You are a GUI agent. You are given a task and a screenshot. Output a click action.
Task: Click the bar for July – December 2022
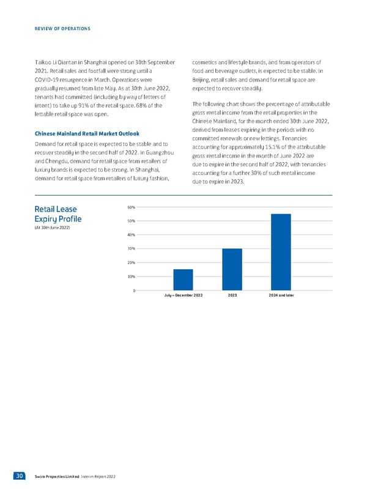coord(183,280)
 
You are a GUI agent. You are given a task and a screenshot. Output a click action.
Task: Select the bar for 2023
coord(232,269)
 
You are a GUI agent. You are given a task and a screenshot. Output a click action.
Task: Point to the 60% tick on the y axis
coord(132,207)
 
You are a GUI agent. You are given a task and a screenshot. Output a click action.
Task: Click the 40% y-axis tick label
coord(132,235)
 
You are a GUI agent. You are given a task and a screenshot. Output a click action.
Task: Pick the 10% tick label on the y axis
coord(132,277)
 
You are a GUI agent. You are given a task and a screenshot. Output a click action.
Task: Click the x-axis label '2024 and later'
coord(281,295)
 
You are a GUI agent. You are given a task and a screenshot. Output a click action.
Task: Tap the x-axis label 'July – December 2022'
coord(183,295)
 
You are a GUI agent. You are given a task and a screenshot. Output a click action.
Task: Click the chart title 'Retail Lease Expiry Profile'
coord(58,215)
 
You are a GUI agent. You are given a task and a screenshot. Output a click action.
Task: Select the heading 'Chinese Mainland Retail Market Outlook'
coord(86,133)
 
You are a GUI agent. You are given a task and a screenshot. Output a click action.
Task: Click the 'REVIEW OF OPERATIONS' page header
coord(63,29)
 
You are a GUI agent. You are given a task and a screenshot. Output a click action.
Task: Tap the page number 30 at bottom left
coord(20,476)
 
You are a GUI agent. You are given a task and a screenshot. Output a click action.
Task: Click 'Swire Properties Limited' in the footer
coord(57,477)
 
